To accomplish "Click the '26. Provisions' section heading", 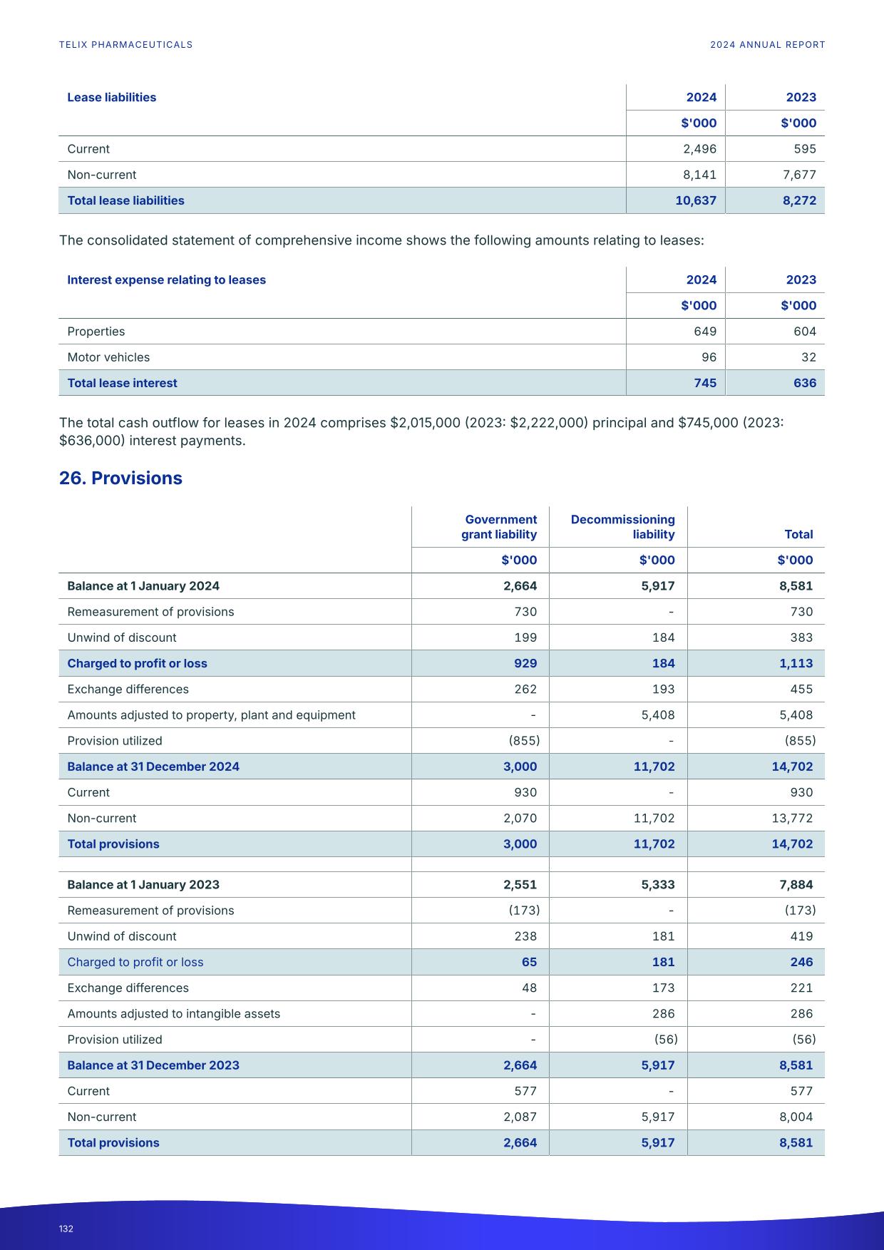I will point(120,478).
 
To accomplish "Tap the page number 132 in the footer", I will point(66,1229).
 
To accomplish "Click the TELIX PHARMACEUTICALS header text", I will point(125,44).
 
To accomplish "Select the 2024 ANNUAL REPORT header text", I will point(767,44).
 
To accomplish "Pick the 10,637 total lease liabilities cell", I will point(695,200).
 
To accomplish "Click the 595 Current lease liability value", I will point(804,149).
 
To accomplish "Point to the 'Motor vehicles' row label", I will point(108,357).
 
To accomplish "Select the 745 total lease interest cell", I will point(704,383).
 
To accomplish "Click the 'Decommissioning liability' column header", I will point(622,526).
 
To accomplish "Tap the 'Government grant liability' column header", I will point(499,526).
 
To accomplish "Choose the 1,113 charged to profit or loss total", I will point(796,663).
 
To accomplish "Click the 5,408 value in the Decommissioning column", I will point(657,714).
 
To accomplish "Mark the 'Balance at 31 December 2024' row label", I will point(153,767).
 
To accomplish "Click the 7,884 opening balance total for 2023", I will point(796,884).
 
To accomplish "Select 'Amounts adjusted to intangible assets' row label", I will point(173,1013).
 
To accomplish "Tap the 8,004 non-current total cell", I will point(796,1117).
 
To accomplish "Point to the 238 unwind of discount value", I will point(525,936).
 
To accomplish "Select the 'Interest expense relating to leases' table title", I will point(166,280).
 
